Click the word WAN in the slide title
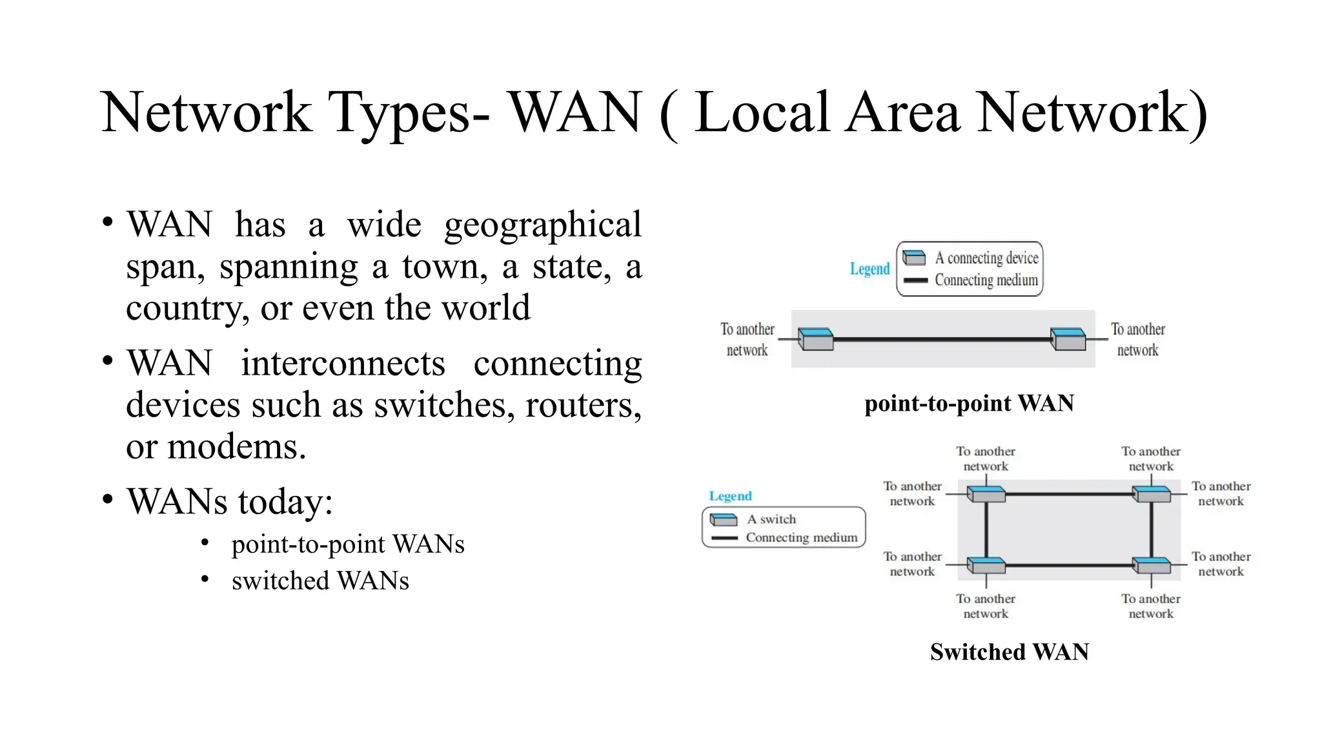tap(576, 113)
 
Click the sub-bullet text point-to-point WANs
tap(348, 544)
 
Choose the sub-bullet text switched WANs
tap(320, 581)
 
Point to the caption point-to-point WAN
tap(969, 404)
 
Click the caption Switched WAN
tap(1009, 652)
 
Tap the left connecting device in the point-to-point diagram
tap(815, 339)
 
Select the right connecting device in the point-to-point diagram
tap(1068, 339)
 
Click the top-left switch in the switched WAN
tap(986, 494)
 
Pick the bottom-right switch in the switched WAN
tap(1152, 565)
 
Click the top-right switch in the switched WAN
tap(1152, 494)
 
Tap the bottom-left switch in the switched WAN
tap(986, 565)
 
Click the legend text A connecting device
tap(986, 258)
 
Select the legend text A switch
tap(771, 519)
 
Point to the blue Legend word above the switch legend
tap(730, 496)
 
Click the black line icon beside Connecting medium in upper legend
tap(915, 280)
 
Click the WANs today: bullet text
tap(229, 502)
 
